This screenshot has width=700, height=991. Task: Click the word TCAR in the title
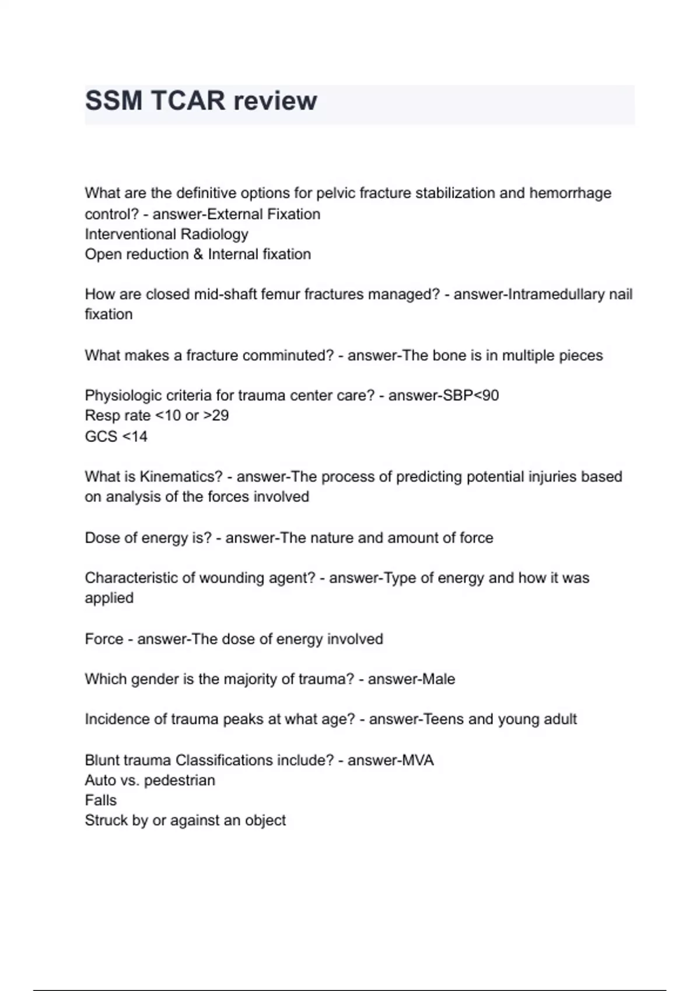[188, 101]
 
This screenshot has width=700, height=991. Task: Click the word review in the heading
[275, 101]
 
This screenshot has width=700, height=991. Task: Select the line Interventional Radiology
[166, 234]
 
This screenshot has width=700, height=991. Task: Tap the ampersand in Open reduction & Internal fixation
[198, 255]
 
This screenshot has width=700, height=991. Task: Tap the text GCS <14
[116, 437]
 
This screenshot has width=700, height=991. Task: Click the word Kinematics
[181, 477]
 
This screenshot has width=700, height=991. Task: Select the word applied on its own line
[109, 598]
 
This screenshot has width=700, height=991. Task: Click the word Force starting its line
[104, 639]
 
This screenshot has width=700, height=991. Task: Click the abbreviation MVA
[418, 761]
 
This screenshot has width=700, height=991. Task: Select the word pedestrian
[179, 781]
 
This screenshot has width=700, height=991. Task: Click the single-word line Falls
[100, 800]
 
